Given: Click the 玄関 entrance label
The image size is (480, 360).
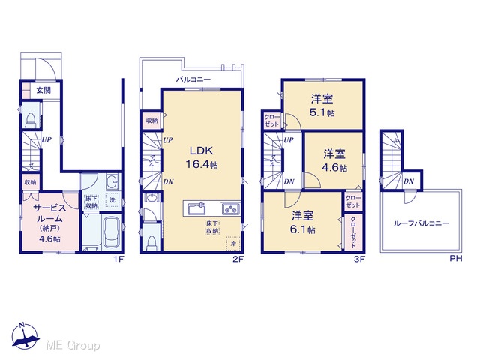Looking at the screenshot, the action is [43, 90].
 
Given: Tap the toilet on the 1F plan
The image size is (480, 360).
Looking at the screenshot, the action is [31, 120].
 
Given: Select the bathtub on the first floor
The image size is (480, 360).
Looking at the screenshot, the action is [112, 231].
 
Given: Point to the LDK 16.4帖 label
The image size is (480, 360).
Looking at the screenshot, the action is [202, 157].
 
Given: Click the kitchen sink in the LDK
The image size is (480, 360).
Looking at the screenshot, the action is [196, 209].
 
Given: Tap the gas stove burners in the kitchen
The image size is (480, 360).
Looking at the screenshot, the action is [231, 209].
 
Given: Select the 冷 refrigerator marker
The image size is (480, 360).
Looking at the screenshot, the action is [233, 244].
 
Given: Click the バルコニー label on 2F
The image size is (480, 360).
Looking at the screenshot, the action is [193, 79].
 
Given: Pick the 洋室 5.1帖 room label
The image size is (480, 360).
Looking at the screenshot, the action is [322, 106].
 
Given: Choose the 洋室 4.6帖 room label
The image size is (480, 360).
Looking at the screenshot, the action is [334, 160].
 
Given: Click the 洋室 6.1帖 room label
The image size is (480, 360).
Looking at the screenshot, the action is [303, 223].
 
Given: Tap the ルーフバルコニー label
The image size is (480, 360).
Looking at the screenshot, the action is [421, 223].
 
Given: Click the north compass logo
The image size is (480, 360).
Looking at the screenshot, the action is [25, 335].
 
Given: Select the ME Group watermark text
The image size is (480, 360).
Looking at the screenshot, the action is [73, 345].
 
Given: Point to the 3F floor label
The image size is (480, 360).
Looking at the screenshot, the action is [360, 259].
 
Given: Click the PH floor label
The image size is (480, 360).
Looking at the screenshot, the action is [456, 259].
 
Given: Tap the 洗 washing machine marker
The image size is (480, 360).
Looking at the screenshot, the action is [112, 200].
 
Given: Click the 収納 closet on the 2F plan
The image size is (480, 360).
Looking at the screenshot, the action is [151, 121].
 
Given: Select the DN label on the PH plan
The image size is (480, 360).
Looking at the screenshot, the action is [409, 181].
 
